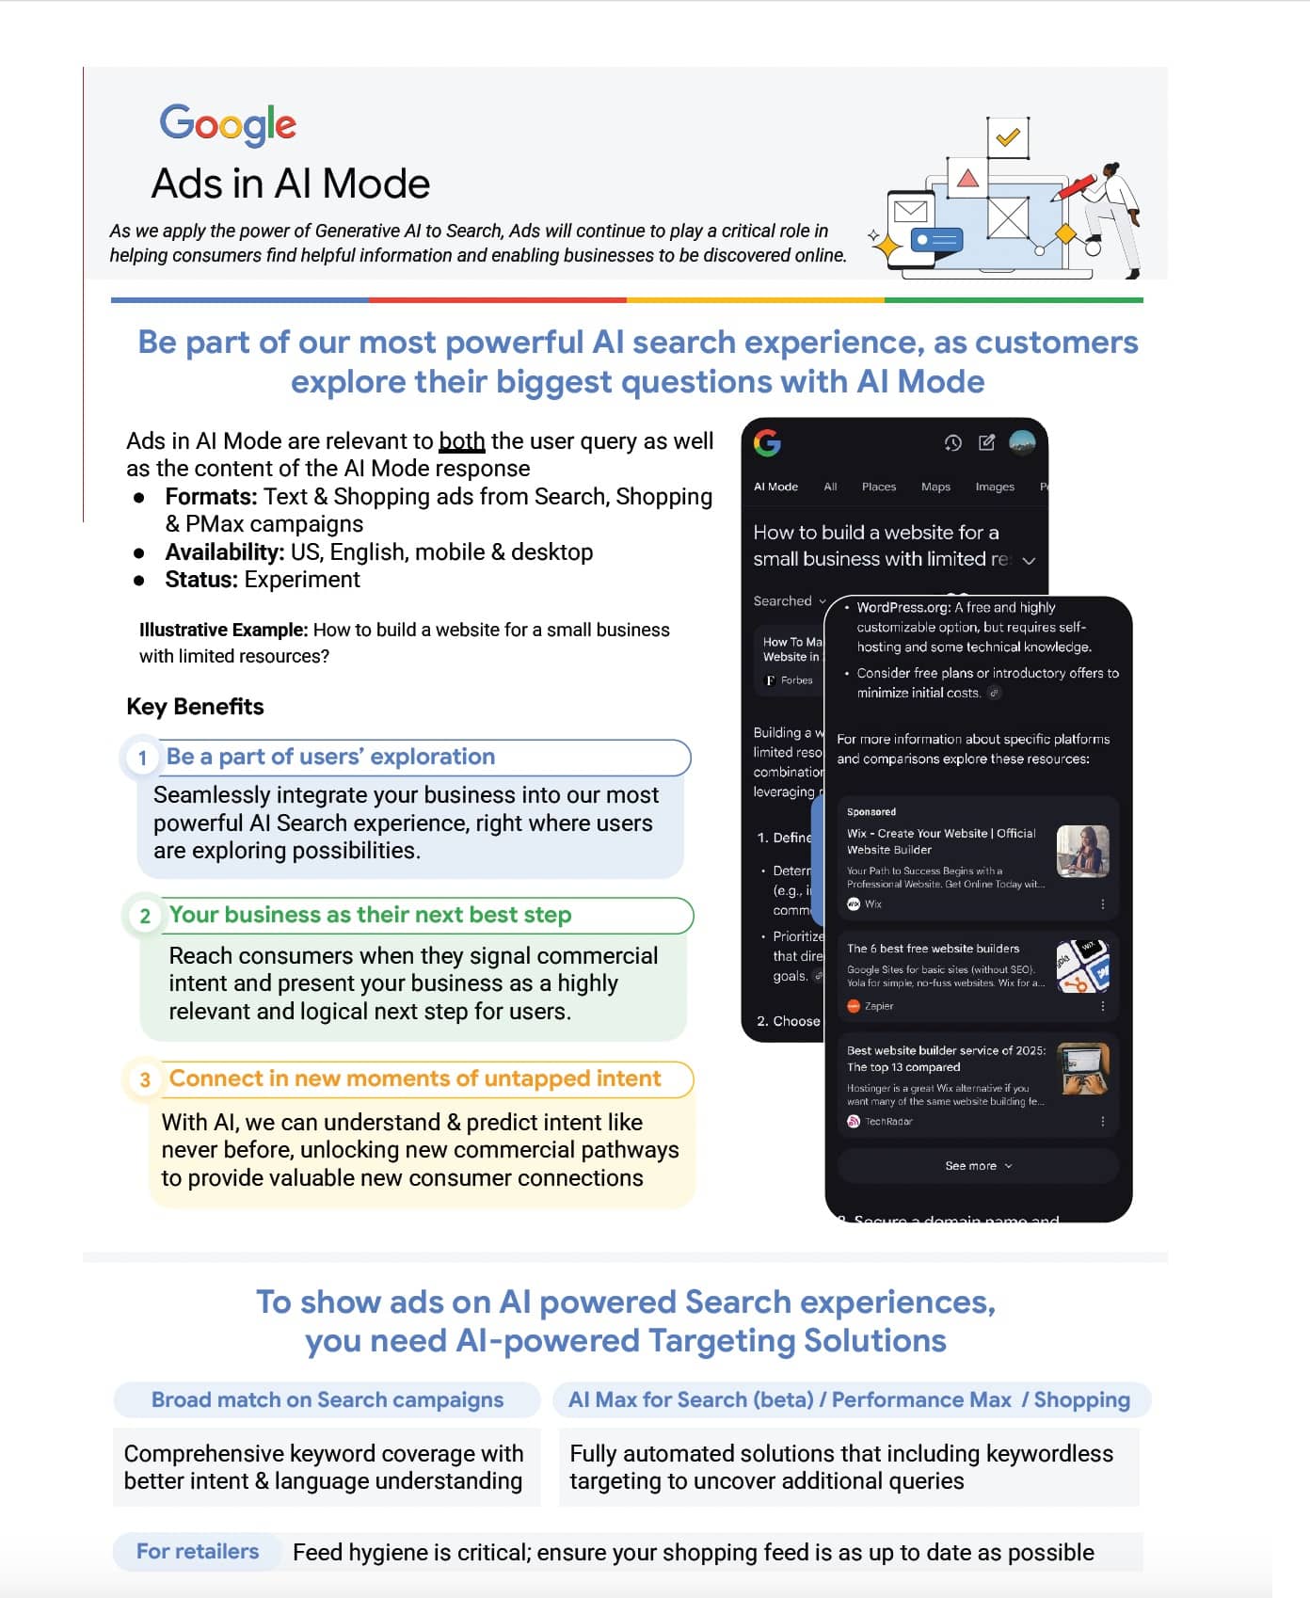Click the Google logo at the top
pos(228,124)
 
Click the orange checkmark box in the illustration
pos(1008,137)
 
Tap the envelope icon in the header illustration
pos(910,211)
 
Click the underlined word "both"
pos(461,441)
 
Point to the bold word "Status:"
pos(200,580)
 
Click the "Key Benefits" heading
pos(195,707)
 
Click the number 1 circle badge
pos(142,759)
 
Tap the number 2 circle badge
pos(145,917)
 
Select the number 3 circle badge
pos(145,1079)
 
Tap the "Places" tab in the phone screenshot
pos(878,487)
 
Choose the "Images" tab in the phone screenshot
pos(994,487)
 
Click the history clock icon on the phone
pos(952,443)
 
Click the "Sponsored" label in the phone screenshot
pos(871,811)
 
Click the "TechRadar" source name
pos(887,1122)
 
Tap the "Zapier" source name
pos(878,1006)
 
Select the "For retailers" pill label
pos(198,1551)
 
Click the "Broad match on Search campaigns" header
pos(327,1399)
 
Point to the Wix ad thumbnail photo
pos(1082,851)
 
